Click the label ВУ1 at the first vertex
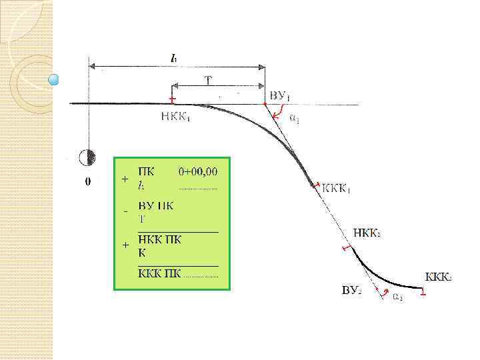click(x=278, y=97)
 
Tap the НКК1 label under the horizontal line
click(x=175, y=116)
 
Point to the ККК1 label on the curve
click(x=337, y=189)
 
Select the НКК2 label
click(x=367, y=234)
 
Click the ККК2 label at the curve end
click(x=439, y=276)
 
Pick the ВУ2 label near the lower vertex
click(x=352, y=291)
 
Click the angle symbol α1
click(x=295, y=118)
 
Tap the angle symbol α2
click(x=397, y=297)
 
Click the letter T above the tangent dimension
click(x=208, y=81)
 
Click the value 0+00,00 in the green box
click(x=198, y=171)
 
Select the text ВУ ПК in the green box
click(x=155, y=206)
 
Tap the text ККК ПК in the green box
click(x=159, y=272)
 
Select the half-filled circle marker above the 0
click(x=87, y=157)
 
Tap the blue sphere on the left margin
click(x=55, y=81)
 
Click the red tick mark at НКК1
click(x=172, y=100)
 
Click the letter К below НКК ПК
click(x=142, y=253)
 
